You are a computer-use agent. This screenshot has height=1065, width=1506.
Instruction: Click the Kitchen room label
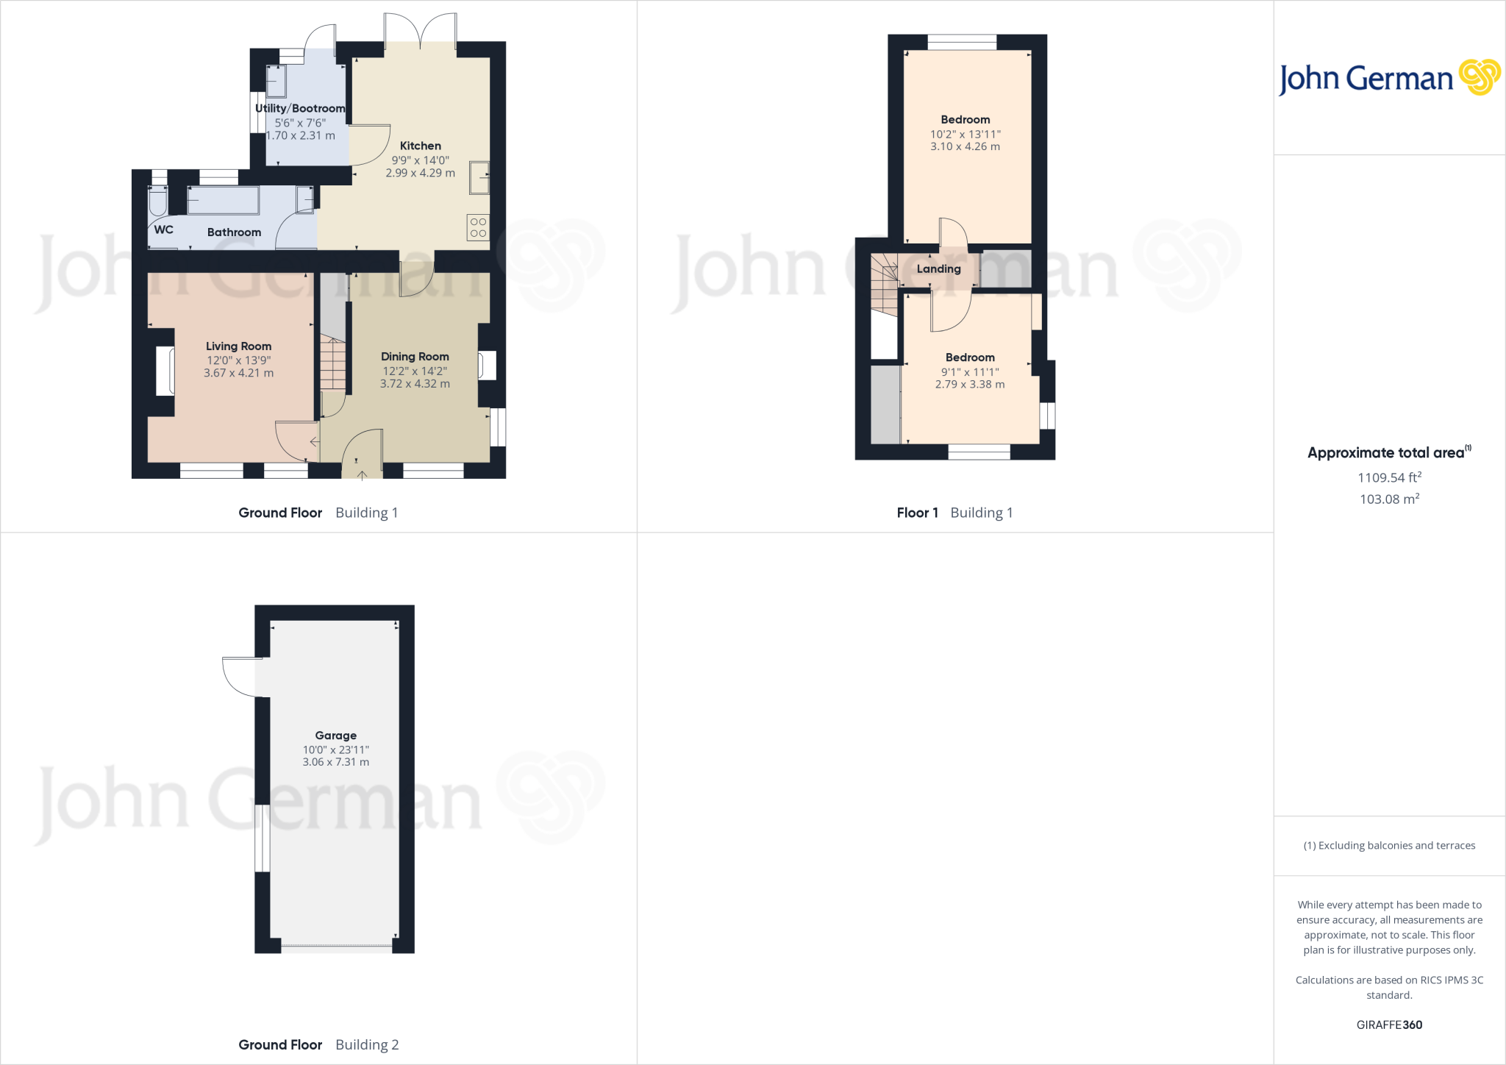click(x=420, y=146)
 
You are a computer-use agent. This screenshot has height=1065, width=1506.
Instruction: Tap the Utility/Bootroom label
click(x=300, y=108)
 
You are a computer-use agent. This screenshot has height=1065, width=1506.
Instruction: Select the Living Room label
click(x=238, y=346)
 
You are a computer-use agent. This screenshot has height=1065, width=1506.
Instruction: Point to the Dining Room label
click(x=415, y=356)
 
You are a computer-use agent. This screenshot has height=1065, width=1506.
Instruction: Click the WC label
click(x=163, y=229)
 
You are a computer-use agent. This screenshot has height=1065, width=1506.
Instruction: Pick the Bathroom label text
click(x=234, y=232)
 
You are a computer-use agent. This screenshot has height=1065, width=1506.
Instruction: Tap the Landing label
click(x=938, y=268)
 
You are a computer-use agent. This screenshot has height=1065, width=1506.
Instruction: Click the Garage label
click(x=335, y=735)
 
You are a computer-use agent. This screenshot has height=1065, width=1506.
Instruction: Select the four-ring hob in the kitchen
click(x=478, y=227)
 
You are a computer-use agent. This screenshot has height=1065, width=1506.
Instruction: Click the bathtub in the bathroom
click(x=224, y=200)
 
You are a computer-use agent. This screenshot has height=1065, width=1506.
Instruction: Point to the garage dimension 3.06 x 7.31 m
click(x=335, y=762)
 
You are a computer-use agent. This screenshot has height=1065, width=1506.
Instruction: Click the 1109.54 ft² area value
click(x=1389, y=477)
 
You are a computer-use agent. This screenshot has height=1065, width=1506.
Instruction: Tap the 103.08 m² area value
click(x=1389, y=499)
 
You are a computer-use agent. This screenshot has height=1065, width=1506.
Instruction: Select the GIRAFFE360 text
click(x=1389, y=1025)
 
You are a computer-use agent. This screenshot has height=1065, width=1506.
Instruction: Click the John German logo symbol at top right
click(x=1480, y=77)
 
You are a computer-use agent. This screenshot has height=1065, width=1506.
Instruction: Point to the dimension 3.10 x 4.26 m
click(x=965, y=146)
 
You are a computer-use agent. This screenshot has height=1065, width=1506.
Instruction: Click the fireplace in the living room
click(x=166, y=371)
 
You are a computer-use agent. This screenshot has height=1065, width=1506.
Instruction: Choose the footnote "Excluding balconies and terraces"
click(x=1389, y=845)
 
